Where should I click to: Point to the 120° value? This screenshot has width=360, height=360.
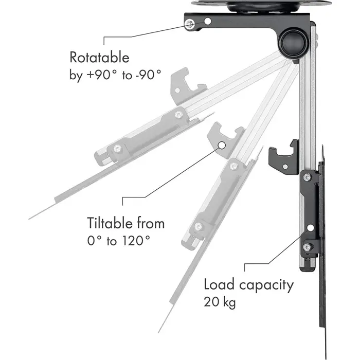click(134, 241)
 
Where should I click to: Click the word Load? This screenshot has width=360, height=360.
click(220, 284)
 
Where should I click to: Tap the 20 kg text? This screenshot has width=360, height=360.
click(220, 302)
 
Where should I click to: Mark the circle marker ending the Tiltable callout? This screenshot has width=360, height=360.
click(222, 146)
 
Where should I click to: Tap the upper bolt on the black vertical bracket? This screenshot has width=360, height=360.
click(308, 178)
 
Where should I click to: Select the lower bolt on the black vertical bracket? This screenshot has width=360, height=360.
click(307, 247)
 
